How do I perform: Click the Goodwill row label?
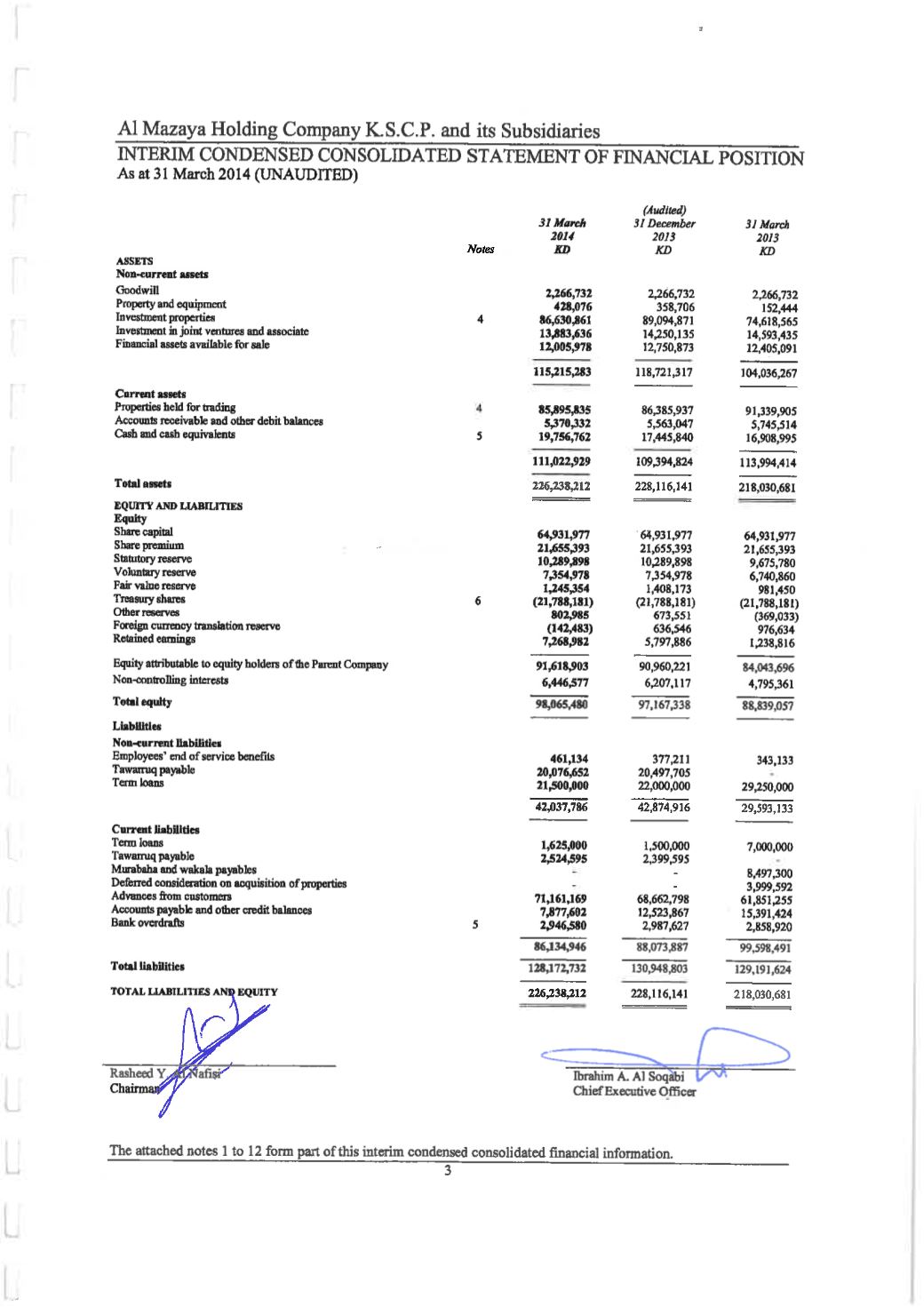click(x=137, y=291)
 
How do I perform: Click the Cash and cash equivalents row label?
click(x=175, y=434)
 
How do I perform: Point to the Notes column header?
click(x=480, y=250)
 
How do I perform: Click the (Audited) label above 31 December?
click(x=664, y=211)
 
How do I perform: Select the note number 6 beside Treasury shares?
click(x=478, y=602)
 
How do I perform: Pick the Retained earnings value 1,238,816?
click(x=770, y=642)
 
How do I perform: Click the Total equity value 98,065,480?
click(x=562, y=705)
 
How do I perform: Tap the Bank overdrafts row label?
click(x=148, y=923)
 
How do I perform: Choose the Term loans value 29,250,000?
click(x=767, y=787)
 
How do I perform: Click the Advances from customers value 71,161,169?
click(x=562, y=899)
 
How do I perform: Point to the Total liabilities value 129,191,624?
click(x=763, y=969)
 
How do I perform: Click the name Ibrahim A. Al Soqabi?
click(x=629, y=1077)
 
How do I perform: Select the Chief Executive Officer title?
click(x=633, y=1091)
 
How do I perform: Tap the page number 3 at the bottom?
click(x=448, y=1170)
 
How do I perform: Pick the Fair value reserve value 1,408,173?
click(x=665, y=589)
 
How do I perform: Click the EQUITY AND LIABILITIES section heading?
click(x=178, y=506)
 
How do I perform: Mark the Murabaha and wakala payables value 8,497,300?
click(x=769, y=873)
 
